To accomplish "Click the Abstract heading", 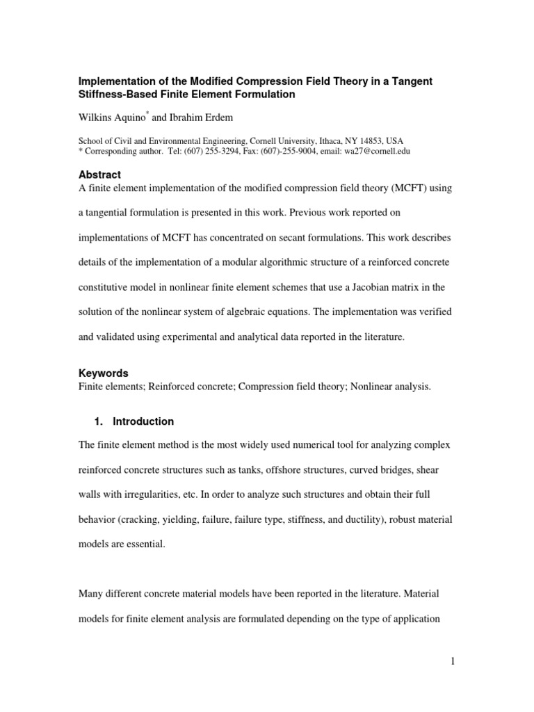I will tap(99, 175).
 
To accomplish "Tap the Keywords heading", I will tap(103, 373).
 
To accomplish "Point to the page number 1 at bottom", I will tap(452, 661).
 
